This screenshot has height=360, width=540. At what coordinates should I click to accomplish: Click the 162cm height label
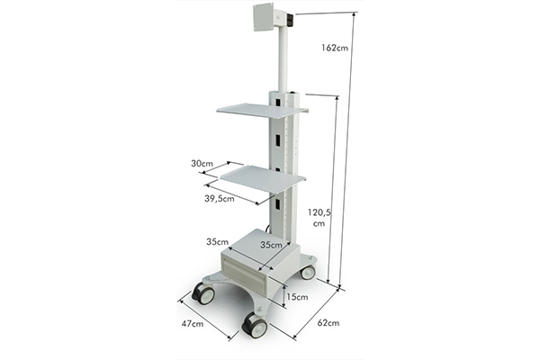pos(335,48)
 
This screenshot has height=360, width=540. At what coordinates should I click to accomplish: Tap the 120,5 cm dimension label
pos(319,218)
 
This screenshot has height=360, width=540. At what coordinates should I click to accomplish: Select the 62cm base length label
pos(328,323)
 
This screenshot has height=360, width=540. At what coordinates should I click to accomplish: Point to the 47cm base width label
pos(193,323)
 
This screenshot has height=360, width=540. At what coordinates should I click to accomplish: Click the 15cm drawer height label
pos(297,297)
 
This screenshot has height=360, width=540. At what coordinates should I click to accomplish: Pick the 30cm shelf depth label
pos(202,163)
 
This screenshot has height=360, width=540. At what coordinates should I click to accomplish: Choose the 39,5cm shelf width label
pos(220,199)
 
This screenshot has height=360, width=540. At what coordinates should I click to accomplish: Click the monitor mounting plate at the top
pos(264,17)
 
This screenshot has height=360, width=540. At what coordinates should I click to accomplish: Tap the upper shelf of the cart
pos(262,111)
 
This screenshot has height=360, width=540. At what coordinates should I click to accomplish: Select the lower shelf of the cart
pos(263,179)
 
